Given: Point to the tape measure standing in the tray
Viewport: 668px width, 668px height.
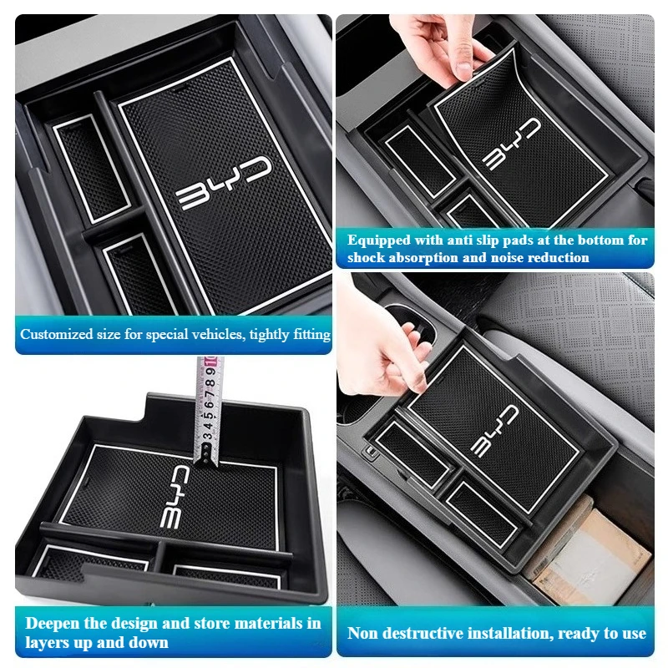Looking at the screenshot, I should [205, 409].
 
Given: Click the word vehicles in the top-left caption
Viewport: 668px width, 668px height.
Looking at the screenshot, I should [212, 335].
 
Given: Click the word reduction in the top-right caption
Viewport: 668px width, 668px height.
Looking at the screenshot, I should [559, 258].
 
